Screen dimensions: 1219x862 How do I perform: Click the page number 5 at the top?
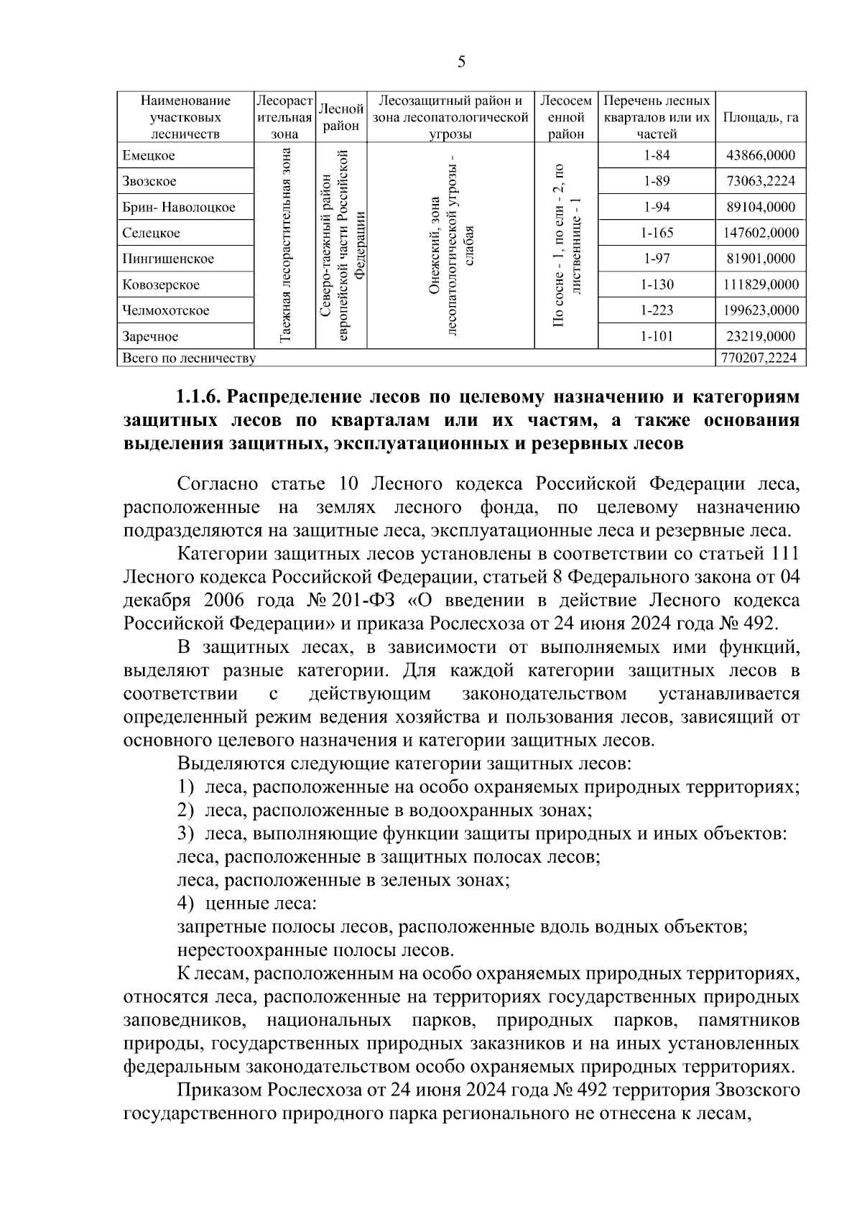461,62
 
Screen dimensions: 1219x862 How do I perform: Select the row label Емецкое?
149,156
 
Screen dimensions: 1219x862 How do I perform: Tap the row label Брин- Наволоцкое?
179,208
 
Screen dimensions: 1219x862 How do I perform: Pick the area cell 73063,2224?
761,182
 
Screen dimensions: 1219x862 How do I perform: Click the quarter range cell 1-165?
657,233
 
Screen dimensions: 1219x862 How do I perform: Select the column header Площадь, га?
761,118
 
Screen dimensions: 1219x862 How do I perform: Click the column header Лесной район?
341,117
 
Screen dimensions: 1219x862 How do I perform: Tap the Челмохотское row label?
166,311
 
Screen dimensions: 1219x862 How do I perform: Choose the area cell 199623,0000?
761,311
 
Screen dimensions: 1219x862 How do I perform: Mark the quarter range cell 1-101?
657,337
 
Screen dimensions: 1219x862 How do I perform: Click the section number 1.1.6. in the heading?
199,397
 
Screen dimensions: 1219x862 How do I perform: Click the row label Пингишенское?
168,259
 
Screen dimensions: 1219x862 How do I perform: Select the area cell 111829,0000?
761,285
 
